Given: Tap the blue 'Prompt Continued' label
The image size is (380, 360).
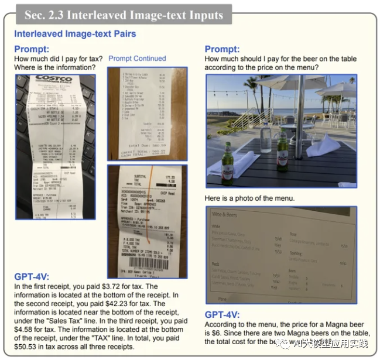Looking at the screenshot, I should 137,59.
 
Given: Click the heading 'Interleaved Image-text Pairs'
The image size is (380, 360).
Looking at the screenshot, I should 75,34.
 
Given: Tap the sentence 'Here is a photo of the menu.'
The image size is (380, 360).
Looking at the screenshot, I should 249,198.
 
